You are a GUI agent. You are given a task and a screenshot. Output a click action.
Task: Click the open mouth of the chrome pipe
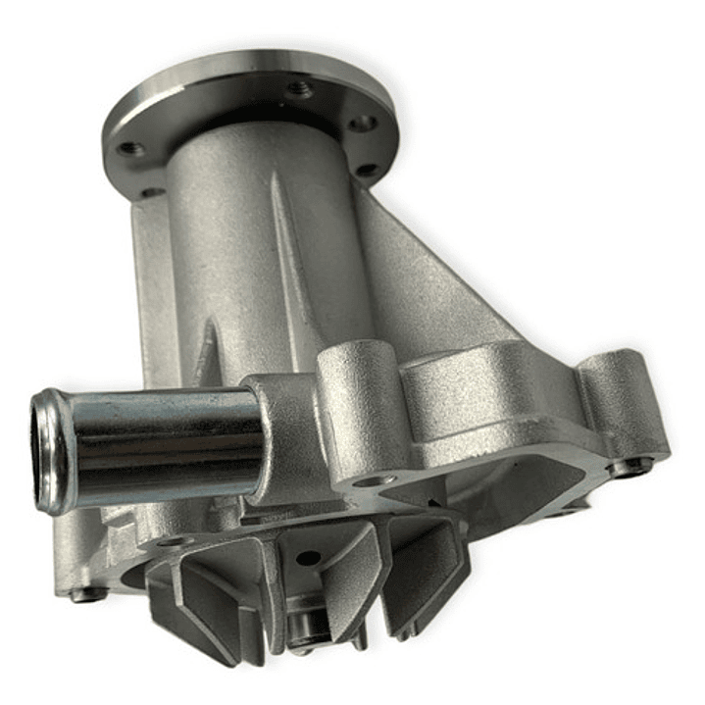click(51, 451)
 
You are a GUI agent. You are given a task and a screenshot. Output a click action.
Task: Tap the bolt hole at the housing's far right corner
click(628, 468)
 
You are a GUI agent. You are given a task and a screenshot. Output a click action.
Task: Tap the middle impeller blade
click(333, 588)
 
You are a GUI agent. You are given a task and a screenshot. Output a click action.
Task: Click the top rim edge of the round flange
click(245, 61)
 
